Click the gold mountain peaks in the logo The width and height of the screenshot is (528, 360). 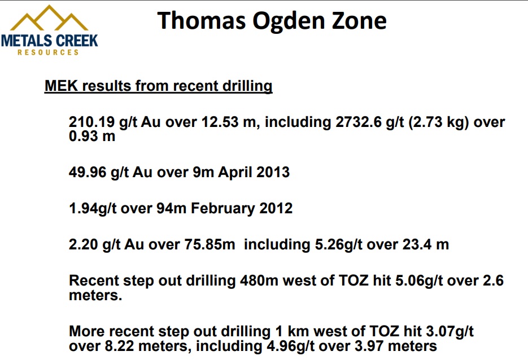[49, 18]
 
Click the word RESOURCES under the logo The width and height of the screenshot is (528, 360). [48, 52]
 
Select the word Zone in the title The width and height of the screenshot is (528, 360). [359, 20]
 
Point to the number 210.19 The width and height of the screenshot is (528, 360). [92, 122]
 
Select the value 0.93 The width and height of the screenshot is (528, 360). [84, 136]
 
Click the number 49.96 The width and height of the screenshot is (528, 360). [88, 172]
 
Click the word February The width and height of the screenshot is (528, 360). [223, 208]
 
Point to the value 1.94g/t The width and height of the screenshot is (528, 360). [93, 208]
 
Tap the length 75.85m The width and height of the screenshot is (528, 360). [210, 244]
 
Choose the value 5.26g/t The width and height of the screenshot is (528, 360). [338, 244]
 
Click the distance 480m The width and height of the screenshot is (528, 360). [259, 280]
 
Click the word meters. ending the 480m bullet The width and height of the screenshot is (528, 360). [95, 295]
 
